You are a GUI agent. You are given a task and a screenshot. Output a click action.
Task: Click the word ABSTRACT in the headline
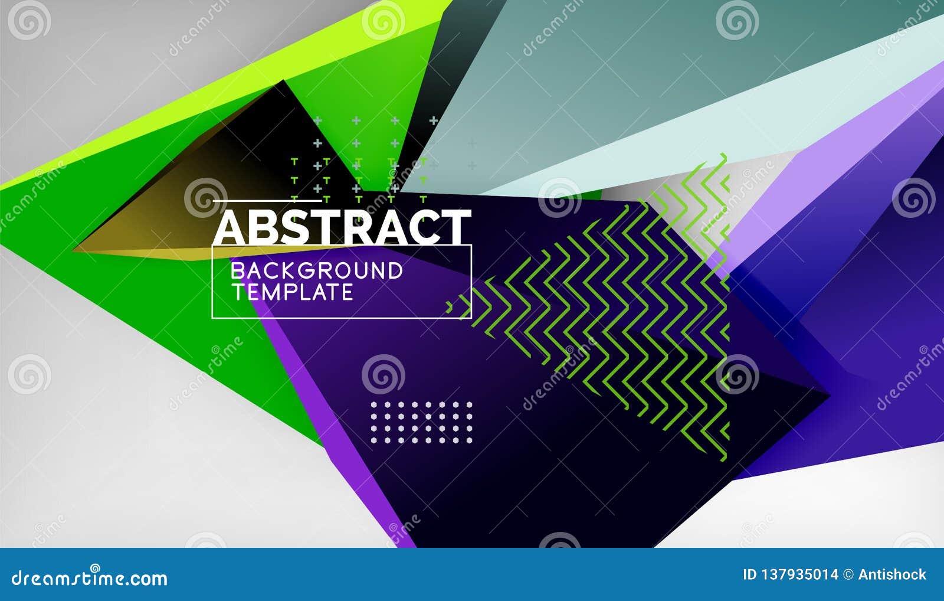click(342, 227)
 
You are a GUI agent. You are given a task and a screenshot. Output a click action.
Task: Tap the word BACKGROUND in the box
click(317, 271)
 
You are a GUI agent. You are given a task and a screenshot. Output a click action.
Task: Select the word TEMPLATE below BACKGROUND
click(292, 292)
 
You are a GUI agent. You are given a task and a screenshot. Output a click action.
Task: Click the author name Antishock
click(892, 574)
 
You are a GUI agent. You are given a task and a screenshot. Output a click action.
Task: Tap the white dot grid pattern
click(421, 422)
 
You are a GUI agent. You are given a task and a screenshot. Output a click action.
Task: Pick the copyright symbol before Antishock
click(848, 574)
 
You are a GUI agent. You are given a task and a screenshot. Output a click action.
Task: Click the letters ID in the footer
click(749, 574)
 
